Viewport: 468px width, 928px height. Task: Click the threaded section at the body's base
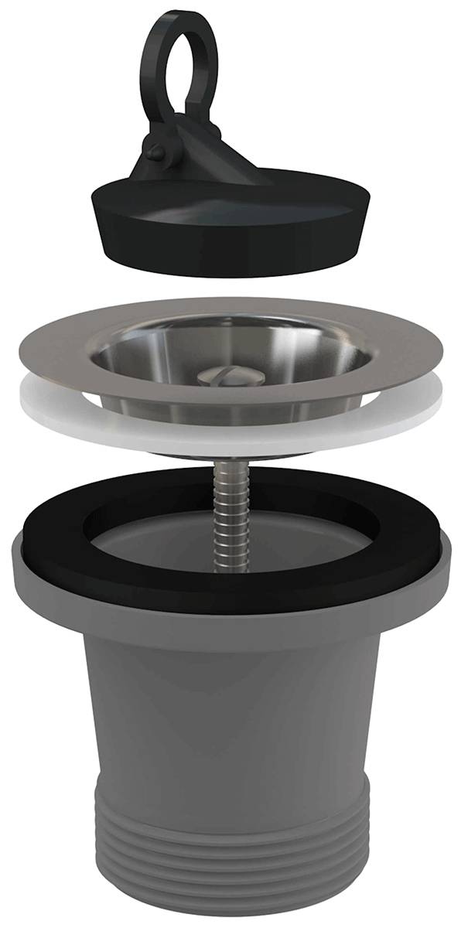pyautogui.click(x=232, y=851)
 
